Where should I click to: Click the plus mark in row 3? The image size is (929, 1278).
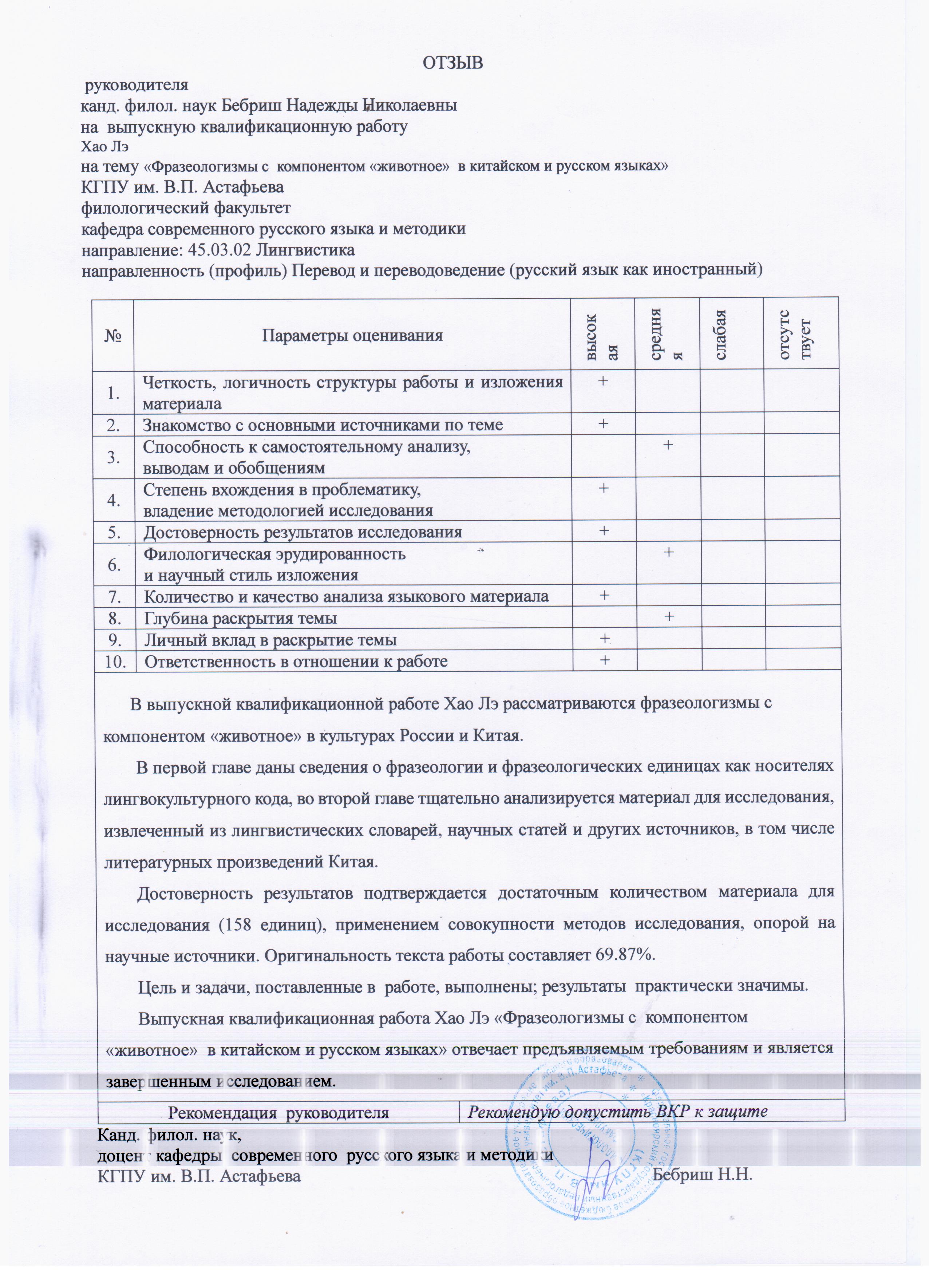pyautogui.click(x=668, y=445)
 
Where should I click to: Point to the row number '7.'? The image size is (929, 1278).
pyautogui.click(x=115, y=596)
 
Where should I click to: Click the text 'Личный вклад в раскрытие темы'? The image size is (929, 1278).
pyautogui.click(x=270, y=640)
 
